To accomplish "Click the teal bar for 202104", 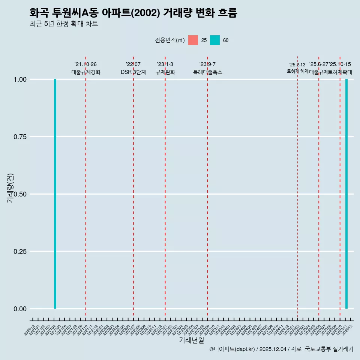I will click(x=55, y=194).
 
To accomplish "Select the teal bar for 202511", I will click(x=346, y=194).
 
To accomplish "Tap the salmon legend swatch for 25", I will click(x=193, y=40).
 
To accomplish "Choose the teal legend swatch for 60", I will click(x=215, y=40).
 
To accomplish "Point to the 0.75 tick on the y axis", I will click(x=20, y=137).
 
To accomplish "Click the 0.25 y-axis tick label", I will click(x=20, y=252).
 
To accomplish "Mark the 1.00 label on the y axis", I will click(x=20, y=79).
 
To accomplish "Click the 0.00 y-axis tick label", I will click(x=20, y=309).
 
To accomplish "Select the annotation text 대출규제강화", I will click(x=86, y=72).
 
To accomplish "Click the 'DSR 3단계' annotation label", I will click(x=133, y=72).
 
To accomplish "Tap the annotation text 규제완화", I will click(x=165, y=72).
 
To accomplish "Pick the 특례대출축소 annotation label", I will click(x=207, y=72).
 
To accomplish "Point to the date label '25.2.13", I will click(x=297, y=65).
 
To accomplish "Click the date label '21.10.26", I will click(x=86, y=64).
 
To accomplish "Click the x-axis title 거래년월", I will click(x=191, y=340).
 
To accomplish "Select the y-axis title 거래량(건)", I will click(x=10, y=188).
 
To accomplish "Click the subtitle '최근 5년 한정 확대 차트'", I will click(x=64, y=24).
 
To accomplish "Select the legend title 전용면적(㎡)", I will click(x=169, y=40).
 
